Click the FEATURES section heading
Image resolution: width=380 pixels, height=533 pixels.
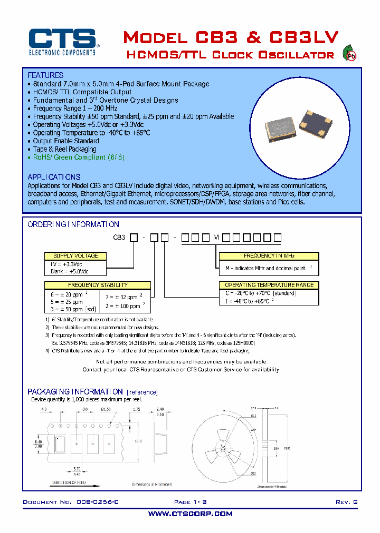pos(45,75)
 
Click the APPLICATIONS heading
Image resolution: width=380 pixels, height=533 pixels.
pos(54,177)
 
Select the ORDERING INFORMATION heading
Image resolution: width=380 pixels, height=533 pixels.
pos(73,224)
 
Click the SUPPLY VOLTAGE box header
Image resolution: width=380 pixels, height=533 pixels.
pos(75,255)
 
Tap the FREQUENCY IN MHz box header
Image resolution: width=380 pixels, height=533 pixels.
pos(269,255)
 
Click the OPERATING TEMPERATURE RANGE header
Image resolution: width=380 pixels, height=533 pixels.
pos(269,285)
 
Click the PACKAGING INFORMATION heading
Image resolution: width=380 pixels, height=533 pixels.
pos(75,391)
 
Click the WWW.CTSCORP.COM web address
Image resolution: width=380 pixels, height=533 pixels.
pos(190,514)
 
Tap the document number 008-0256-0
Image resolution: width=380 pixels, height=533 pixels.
pos(95,502)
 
